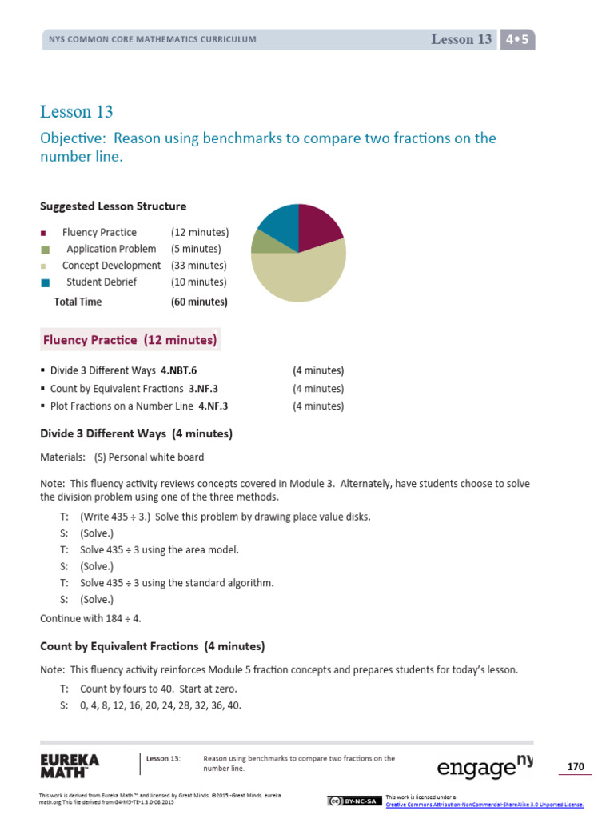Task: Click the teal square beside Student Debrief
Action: click(46, 282)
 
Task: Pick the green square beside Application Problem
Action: click(46, 250)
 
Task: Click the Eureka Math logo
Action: click(70, 765)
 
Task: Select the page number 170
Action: click(576, 767)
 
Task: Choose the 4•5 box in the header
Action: click(517, 39)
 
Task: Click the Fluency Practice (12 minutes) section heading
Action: click(130, 340)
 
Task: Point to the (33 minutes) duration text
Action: click(199, 266)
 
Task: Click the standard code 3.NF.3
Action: click(204, 389)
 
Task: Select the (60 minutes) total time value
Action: click(199, 302)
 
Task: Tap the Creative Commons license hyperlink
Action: click(484, 805)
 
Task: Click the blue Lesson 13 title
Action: click(77, 111)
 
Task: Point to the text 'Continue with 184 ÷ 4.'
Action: click(91, 618)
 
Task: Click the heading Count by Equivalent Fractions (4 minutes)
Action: click(152, 646)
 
